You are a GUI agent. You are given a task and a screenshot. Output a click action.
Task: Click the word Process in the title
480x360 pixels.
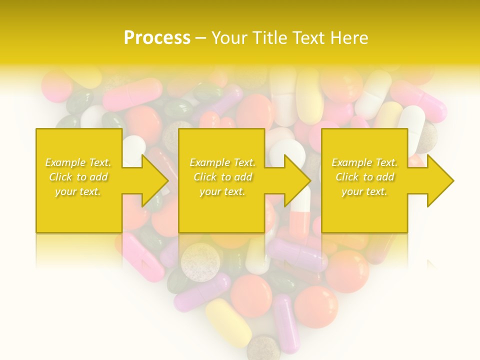(157, 38)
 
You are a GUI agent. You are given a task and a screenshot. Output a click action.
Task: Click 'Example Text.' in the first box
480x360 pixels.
(78, 162)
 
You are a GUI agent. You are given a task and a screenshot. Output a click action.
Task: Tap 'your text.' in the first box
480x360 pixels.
(78, 191)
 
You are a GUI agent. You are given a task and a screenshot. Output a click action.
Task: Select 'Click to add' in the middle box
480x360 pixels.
(222, 177)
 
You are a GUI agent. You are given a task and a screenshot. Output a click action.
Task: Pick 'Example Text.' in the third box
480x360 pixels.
(364, 162)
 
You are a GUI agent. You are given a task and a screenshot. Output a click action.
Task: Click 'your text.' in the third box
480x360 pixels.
(364, 191)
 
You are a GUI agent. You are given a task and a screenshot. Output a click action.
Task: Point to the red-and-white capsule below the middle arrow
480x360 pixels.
(300, 220)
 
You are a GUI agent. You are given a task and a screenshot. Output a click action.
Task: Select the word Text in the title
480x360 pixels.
(308, 38)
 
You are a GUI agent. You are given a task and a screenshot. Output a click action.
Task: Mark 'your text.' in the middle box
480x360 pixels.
(222, 191)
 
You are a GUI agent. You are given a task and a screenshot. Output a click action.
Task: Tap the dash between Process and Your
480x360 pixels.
(200, 38)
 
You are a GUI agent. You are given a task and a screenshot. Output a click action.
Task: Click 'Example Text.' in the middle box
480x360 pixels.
(222, 162)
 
